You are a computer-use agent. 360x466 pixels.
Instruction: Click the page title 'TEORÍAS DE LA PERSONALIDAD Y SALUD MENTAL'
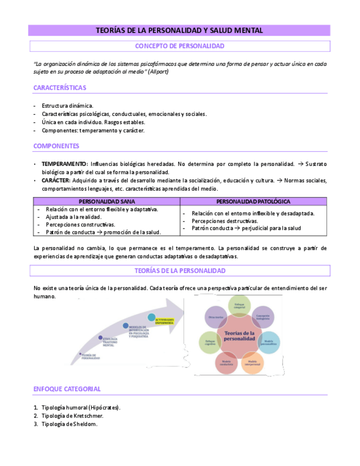[179, 31]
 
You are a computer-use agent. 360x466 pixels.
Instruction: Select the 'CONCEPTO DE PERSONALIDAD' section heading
[179, 46]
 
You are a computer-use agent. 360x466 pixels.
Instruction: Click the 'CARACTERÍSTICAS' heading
[60, 88]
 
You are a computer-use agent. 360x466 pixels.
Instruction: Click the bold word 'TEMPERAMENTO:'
[64, 164]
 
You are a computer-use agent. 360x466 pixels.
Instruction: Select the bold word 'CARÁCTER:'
[56, 180]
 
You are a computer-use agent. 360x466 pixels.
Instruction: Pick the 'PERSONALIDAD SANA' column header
[107, 202]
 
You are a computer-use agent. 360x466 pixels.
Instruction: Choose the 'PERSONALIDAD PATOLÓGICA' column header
[253, 202]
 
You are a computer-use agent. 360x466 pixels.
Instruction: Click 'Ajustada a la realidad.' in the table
[73, 217]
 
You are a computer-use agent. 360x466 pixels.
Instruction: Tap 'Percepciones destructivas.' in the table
[225, 220]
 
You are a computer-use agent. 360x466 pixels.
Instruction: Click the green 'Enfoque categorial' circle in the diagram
[239, 306]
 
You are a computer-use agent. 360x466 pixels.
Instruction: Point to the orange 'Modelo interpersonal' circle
[252, 363]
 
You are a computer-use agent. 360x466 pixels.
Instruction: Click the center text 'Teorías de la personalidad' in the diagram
[236, 336]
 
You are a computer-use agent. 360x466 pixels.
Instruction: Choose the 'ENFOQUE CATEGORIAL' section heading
[67, 389]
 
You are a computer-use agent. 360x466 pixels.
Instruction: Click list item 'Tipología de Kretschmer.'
[72, 416]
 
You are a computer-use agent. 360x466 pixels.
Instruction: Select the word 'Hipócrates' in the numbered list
[104, 408]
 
